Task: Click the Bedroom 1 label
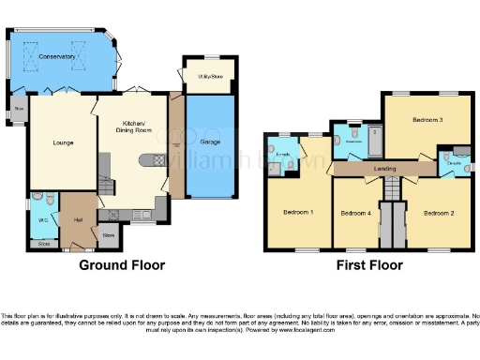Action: [298, 212]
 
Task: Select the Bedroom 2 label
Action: [438, 214]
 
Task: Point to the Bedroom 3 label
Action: [427, 121]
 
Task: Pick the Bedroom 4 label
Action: [355, 214]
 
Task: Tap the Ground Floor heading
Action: [122, 265]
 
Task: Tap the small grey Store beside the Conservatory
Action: [19, 110]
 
